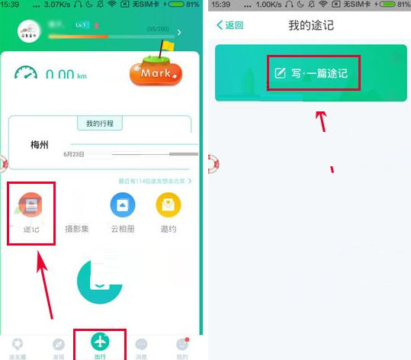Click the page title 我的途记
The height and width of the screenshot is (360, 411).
click(x=311, y=25)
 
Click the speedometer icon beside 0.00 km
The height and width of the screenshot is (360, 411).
click(x=26, y=74)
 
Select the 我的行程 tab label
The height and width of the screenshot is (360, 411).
click(x=99, y=124)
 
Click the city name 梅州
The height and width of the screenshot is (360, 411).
click(x=40, y=144)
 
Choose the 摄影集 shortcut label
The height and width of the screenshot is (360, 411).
click(x=76, y=229)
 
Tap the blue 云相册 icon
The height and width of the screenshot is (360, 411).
click(x=122, y=204)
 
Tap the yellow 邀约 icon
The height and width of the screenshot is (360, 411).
click(x=168, y=204)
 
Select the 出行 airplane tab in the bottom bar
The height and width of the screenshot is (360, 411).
click(x=100, y=344)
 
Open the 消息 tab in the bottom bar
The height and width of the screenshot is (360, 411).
click(x=141, y=347)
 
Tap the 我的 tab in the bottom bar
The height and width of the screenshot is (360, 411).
click(x=181, y=347)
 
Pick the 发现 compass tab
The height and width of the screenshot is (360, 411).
click(x=58, y=347)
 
